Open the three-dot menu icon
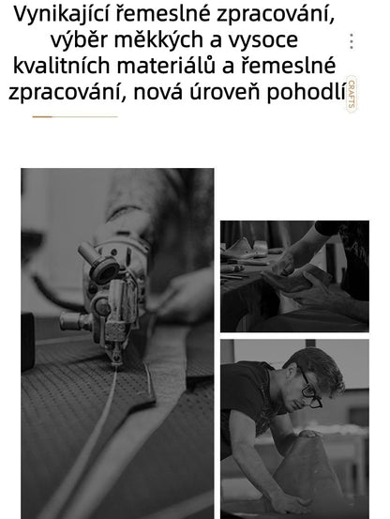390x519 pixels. click(352, 41)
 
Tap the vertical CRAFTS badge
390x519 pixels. click(352, 94)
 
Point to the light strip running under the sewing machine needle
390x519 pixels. click(108, 422)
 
